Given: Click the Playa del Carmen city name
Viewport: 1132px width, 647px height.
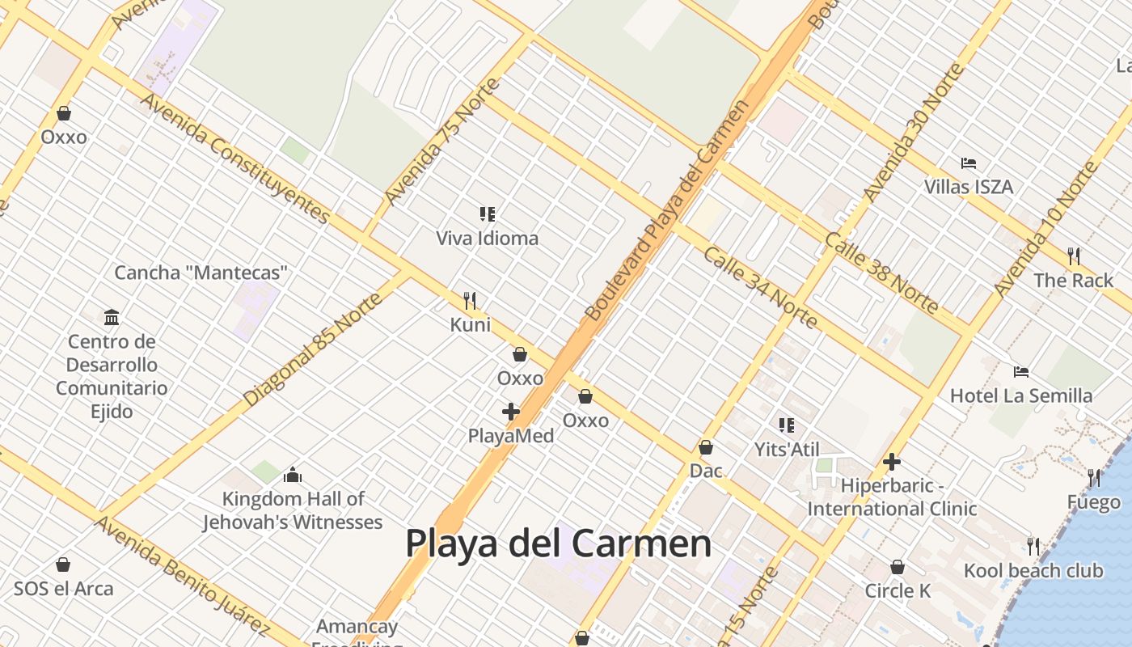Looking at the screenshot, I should [x=558, y=543].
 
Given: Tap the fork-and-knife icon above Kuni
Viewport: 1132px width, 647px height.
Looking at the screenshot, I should [x=470, y=301].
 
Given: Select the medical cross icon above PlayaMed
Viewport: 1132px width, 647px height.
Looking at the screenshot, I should [x=511, y=412].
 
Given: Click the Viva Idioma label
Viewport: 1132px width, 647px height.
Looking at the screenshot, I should [x=487, y=239].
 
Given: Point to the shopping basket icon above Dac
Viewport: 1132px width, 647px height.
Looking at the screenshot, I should [x=706, y=447].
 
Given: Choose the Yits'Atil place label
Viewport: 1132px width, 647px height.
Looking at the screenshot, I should [x=787, y=450].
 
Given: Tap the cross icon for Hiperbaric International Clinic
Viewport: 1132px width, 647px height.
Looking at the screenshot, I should [x=892, y=462].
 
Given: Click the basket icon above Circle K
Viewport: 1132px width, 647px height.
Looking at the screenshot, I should [x=898, y=567].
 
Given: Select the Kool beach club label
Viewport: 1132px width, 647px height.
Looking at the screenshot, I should [x=1033, y=571].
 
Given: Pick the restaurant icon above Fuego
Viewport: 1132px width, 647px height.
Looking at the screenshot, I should [x=1094, y=478].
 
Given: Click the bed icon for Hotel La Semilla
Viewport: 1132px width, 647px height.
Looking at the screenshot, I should [x=1021, y=372].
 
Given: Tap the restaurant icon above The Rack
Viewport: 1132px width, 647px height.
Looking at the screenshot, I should [x=1074, y=256].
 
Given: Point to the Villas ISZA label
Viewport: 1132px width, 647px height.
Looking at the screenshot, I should [x=969, y=187].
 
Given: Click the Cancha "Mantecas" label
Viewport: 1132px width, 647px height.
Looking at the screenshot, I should [x=201, y=273].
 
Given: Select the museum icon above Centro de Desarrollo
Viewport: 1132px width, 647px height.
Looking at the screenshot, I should [x=112, y=316].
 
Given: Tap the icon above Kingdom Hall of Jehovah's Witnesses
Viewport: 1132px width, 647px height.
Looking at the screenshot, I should [x=293, y=475].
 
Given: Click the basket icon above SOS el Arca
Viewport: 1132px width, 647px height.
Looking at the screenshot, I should [x=63, y=565].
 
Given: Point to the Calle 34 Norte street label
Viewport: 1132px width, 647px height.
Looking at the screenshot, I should [x=760, y=288].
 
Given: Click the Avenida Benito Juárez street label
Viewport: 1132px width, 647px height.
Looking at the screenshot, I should [x=181, y=575].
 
